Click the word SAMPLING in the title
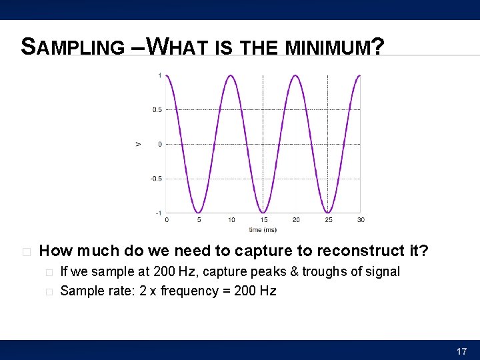click(x=73, y=47)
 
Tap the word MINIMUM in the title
click(x=327, y=47)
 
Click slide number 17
click(x=461, y=351)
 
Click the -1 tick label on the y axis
click(x=158, y=213)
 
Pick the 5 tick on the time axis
click(x=199, y=220)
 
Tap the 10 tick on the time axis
click(x=231, y=220)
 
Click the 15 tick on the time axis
click(x=263, y=220)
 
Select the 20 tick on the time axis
click(x=296, y=220)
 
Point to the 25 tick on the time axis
click(x=328, y=220)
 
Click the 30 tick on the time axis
click(x=361, y=220)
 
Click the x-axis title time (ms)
click(x=263, y=230)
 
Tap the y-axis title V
click(x=138, y=144)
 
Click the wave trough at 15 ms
click(x=263, y=212)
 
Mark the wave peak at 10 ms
click(x=231, y=76)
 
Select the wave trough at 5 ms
click(x=199, y=212)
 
